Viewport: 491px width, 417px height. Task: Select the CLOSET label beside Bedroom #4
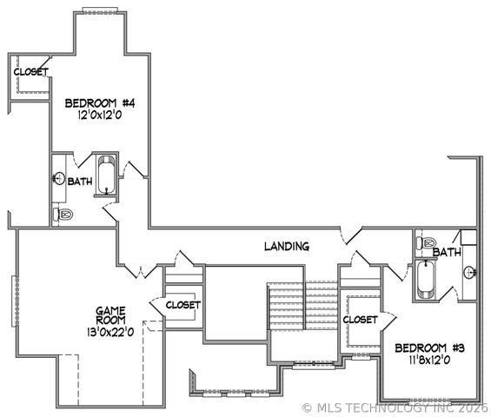pos(30,71)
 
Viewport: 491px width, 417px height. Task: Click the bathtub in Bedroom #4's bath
pos(106,175)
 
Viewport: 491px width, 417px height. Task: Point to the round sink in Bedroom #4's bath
pos(58,179)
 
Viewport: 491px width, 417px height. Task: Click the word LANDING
pos(286,247)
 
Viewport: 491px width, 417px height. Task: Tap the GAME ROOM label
pos(112,315)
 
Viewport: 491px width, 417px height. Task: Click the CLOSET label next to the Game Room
pos(182,305)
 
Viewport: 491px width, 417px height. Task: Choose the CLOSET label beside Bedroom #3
pos(359,320)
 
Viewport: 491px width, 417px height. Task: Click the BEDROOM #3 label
pos(429,348)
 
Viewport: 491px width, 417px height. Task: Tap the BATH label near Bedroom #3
pos(447,253)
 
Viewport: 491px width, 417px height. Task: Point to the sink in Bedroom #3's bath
pos(470,270)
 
